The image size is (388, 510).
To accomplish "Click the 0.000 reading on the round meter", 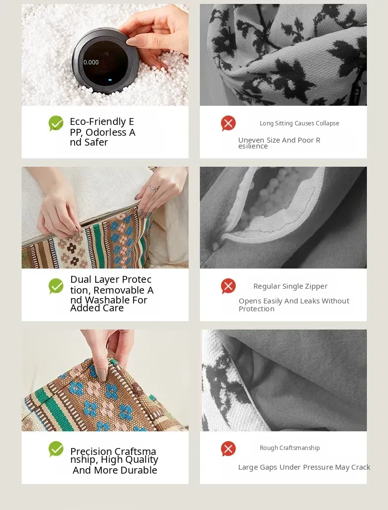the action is (x=91, y=62).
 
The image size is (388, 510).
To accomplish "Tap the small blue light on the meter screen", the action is (x=110, y=80).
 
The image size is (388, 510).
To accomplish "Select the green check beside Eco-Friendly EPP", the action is (x=56, y=123).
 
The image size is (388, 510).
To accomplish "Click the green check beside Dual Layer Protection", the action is (x=56, y=286).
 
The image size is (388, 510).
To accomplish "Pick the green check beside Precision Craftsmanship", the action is (x=56, y=449).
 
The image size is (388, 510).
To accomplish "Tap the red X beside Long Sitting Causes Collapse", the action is (x=228, y=123).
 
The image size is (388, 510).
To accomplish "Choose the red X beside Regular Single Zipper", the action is (x=228, y=286).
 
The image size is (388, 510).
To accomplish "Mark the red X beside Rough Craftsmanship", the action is (x=228, y=449).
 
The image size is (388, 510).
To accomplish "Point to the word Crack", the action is (x=360, y=467).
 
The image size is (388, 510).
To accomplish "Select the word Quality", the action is (x=142, y=459).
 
